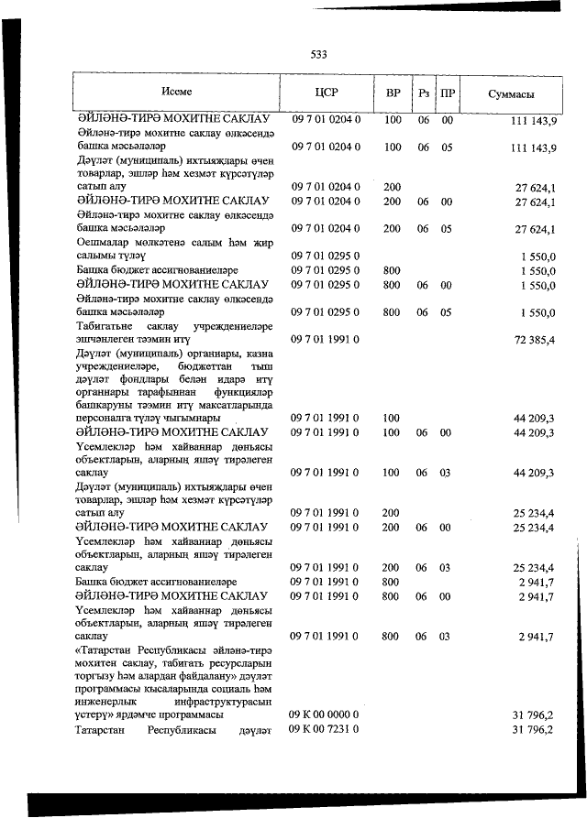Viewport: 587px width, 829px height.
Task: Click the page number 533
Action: point(319,54)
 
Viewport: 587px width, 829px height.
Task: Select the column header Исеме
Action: point(176,93)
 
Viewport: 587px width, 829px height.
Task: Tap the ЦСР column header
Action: point(327,93)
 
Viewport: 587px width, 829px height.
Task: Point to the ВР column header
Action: point(393,93)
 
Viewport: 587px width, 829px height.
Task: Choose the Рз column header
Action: point(424,93)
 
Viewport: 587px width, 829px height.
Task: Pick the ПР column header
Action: point(448,93)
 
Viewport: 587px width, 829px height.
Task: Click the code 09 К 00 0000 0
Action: point(326,714)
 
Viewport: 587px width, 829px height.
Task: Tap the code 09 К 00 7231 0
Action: point(326,729)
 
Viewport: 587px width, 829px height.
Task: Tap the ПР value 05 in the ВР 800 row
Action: point(448,312)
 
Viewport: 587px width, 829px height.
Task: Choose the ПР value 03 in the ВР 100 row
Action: point(448,473)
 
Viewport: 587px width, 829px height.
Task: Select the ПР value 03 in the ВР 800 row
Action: point(448,636)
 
